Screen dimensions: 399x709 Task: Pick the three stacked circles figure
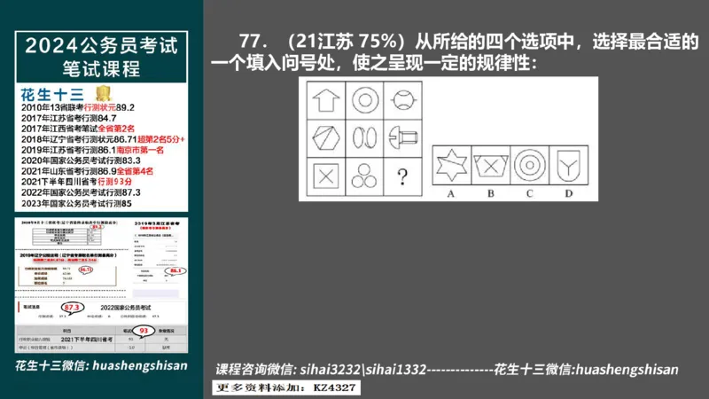pyautogui.click(x=362, y=175)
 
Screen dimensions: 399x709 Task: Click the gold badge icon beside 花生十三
pyautogui.click(x=103, y=93)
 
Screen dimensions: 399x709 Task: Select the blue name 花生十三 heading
pyautogui.click(x=51, y=94)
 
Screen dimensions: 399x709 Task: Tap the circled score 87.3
pyautogui.click(x=75, y=308)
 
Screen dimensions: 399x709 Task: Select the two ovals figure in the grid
pyautogui.click(x=362, y=137)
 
